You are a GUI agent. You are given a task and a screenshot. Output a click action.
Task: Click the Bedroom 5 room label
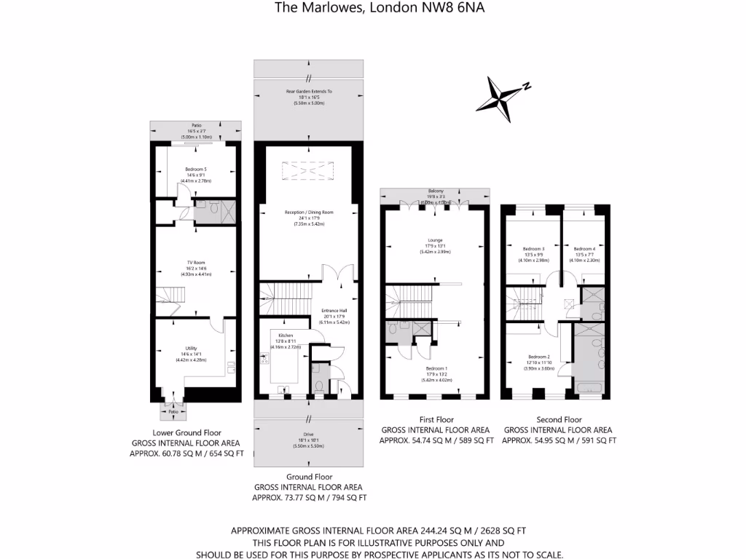tap(176, 169)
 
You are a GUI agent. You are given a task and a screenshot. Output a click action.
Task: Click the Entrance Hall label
tap(336, 311)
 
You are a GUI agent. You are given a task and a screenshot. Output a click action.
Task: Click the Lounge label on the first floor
tap(435, 240)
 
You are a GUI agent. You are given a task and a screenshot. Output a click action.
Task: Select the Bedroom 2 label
tap(538, 357)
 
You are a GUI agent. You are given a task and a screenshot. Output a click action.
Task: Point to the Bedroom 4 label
tap(584, 249)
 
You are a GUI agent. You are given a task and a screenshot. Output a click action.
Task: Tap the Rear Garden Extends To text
tap(308, 92)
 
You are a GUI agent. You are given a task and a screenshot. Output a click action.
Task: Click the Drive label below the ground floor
tap(309, 435)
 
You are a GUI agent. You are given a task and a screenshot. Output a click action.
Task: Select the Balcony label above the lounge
tap(435, 191)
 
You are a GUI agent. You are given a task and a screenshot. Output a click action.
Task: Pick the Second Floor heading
tap(559, 420)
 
